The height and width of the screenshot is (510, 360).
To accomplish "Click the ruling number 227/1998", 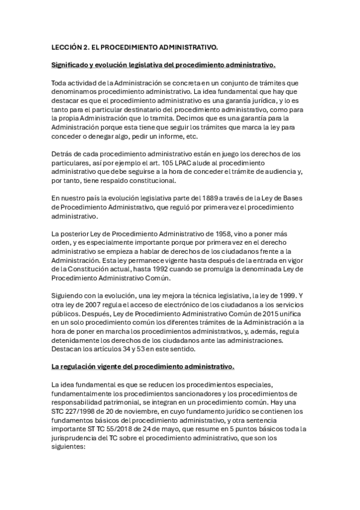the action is pyautogui.click(x=79, y=411).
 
